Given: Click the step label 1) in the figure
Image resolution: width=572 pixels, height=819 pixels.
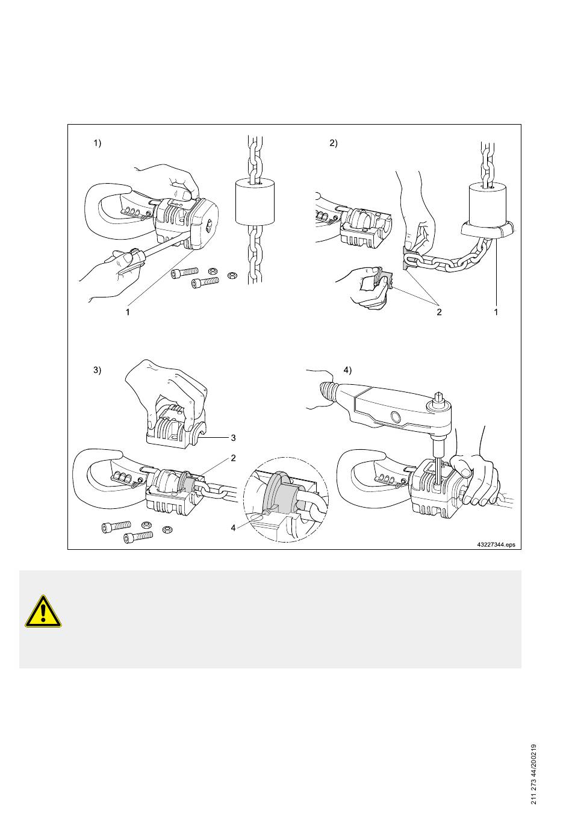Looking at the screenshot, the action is [x=97, y=143].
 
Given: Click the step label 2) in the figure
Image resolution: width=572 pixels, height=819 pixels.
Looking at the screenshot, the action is [x=334, y=143].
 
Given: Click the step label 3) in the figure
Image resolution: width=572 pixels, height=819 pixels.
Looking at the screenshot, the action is [x=97, y=370].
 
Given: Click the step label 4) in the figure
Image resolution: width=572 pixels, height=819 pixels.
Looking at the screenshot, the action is [x=347, y=370].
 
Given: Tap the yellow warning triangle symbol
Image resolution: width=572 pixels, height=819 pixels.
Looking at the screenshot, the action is [x=43, y=611].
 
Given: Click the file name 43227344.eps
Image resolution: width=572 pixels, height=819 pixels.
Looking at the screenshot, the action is [x=496, y=544].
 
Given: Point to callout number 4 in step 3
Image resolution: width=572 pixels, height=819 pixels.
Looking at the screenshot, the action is [x=233, y=528].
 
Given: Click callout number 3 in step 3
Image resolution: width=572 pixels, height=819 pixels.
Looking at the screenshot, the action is [x=233, y=437].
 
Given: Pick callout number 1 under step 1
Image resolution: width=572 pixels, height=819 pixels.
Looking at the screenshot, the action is [x=128, y=312].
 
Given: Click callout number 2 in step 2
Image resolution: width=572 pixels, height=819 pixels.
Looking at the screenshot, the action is [x=439, y=312].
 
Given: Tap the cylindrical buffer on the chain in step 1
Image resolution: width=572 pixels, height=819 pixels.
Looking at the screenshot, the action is [x=255, y=202].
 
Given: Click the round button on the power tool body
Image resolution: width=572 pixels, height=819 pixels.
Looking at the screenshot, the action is [x=395, y=417].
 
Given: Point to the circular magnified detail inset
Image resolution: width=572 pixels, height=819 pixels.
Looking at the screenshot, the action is [x=286, y=499].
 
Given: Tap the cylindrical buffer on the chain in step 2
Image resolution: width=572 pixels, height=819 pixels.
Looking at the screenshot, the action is [x=487, y=205].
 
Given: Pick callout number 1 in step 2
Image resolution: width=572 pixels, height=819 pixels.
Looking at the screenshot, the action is [x=496, y=312].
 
